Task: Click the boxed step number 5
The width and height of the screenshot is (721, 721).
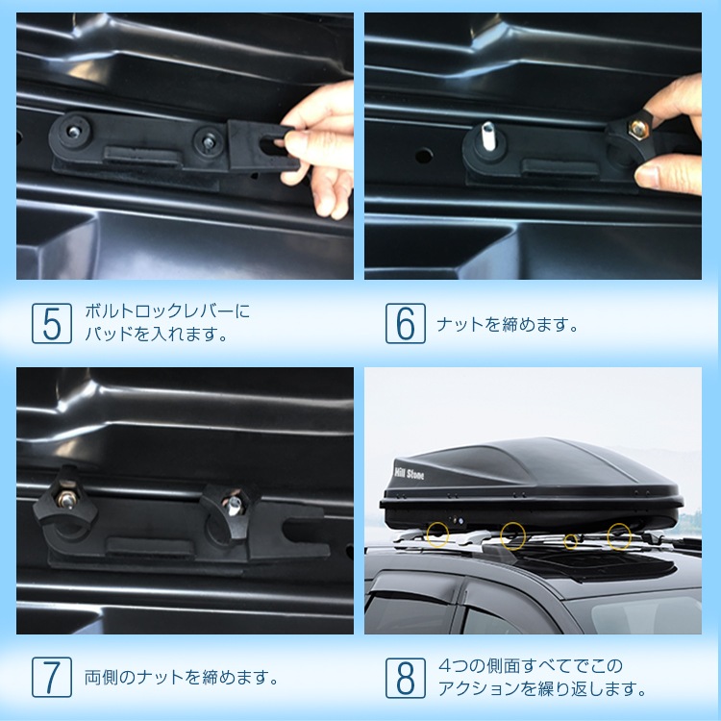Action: pyautogui.click(x=52, y=323)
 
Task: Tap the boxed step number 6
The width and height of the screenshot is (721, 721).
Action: pyautogui.click(x=405, y=323)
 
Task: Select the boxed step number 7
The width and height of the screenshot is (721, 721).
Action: pyautogui.click(x=52, y=678)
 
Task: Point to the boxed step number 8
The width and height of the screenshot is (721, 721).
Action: pyautogui.click(x=405, y=678)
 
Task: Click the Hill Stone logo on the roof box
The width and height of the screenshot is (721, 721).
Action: pyautogui.click(x=409, y=474)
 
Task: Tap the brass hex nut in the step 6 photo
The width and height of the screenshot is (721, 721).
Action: pyautogui.click(x=637, y=129)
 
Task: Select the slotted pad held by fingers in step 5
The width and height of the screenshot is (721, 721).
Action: pyautogui.click(x=261, y=145)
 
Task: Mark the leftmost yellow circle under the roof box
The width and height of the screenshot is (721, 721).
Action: pyautogui.click(x=437, y=535)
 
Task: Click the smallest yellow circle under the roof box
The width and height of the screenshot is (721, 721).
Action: pyautogui.click(x=571, y=541)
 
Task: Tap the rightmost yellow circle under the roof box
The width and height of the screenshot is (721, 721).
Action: pyautogui.click(x=618, y=536)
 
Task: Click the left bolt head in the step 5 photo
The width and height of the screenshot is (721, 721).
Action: pyautogui.click(x=74, y=132)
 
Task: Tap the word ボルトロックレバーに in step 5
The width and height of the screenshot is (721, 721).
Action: pyautogui.click(x=167, y=311)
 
